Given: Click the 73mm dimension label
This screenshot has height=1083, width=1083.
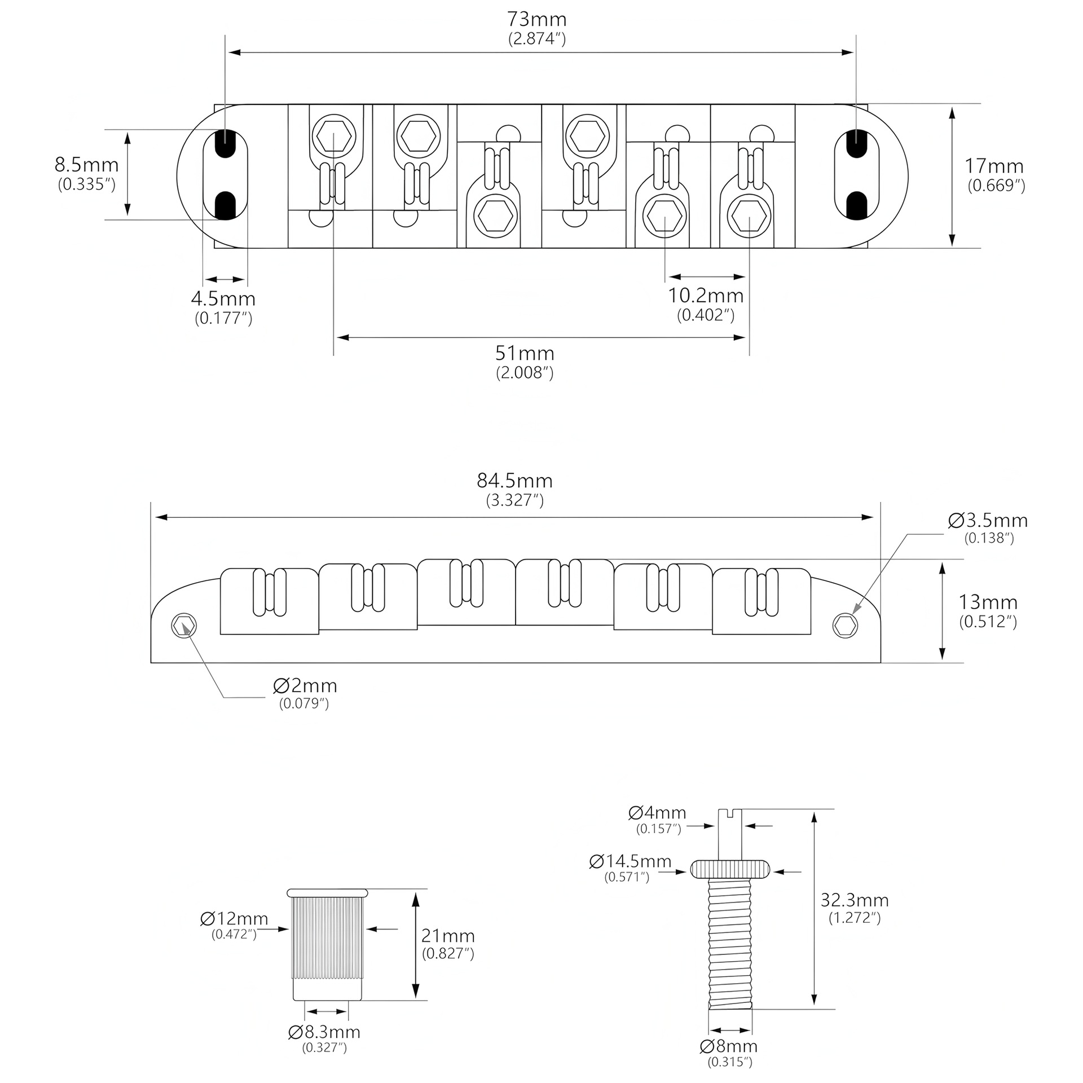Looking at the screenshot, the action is point(536,20).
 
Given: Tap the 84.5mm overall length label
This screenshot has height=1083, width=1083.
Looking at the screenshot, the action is point(514,481).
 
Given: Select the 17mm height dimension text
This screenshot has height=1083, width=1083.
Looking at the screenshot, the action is point(994,167).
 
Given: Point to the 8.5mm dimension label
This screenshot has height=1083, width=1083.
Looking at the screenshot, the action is point(86,166).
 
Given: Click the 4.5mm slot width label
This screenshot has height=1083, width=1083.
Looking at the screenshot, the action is point(223,299).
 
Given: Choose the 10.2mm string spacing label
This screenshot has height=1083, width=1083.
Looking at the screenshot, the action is point(706,296).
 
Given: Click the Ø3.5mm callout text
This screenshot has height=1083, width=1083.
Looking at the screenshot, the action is point(988,521).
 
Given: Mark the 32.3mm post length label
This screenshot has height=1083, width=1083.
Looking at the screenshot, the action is point(855,900).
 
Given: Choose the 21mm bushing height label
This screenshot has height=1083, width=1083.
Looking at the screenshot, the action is point(448,936).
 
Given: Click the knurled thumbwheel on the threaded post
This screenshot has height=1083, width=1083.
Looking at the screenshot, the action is point(730,869).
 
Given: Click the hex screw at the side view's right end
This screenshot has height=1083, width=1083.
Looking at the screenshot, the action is point(845,626).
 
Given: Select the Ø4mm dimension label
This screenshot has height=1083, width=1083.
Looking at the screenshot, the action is point(657,813).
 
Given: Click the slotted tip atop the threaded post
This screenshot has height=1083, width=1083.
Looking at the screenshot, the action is point(731,813).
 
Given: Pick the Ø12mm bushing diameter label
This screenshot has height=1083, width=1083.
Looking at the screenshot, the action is point(234,919).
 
